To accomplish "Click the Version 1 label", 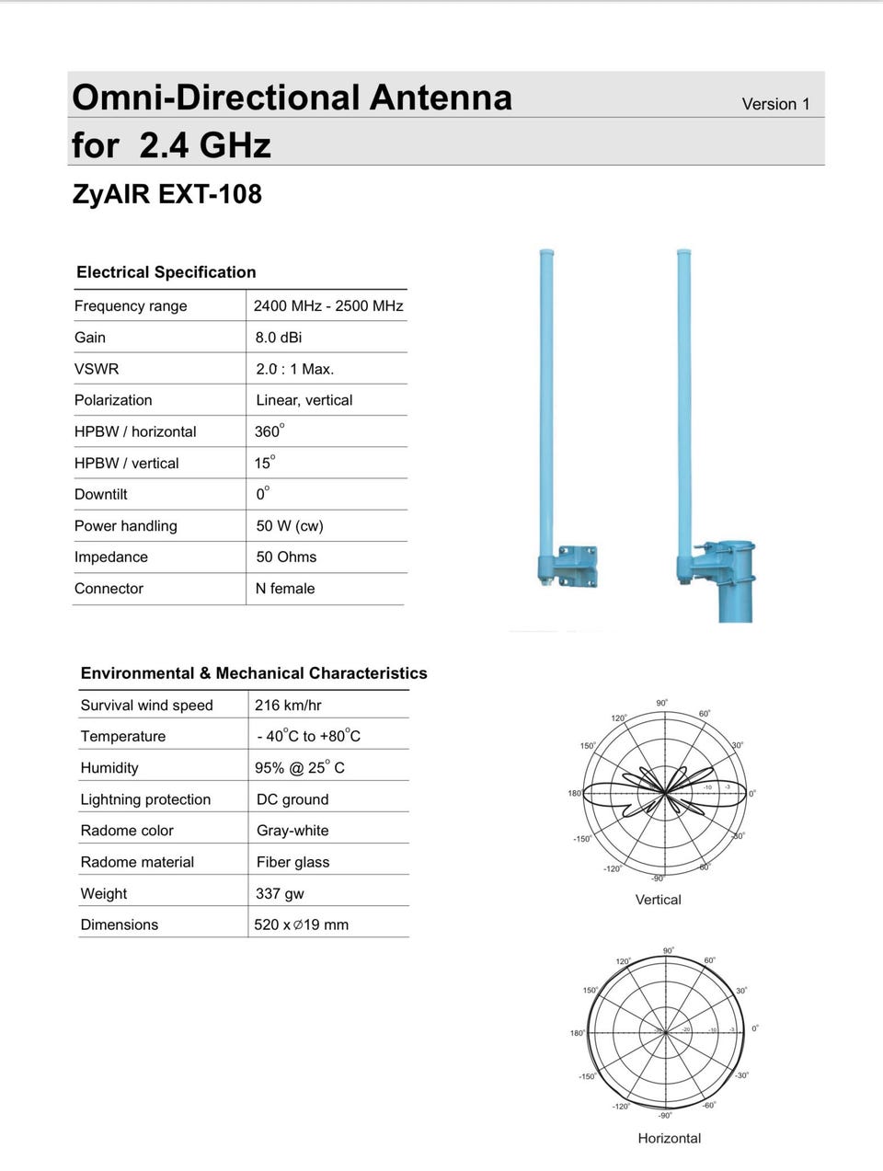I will tap(775, 104).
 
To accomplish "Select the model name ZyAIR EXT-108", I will tap(166, 194).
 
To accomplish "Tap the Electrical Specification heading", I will tap(166, 272).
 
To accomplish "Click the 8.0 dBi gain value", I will tap(279, 338).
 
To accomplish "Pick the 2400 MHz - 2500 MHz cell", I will tap(328, 306).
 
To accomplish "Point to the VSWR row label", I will tap(97, 369).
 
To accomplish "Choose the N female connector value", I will tap(285, 589).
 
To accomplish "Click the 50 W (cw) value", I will tap(290, 526).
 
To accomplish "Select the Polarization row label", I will tap(113, 400).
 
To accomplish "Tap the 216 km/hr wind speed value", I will tap(288, 706).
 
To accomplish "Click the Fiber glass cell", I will tap(292, 862).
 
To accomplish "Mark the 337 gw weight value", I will tap(280, 893).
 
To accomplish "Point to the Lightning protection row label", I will tap(145, 799).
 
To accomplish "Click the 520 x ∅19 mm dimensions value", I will tap(302, 924).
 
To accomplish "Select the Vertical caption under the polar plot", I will tap(659, 900).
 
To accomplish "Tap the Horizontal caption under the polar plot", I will tap(670, 1138).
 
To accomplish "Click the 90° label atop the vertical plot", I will tap(662, 703).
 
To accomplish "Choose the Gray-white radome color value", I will tap(292, 831).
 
